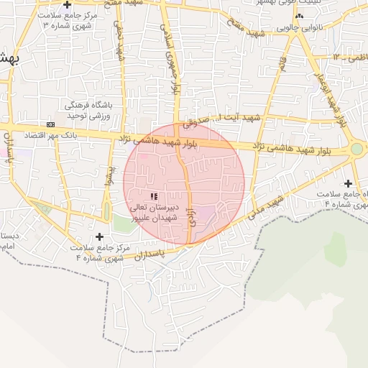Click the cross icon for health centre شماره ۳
click(x=67, y=5)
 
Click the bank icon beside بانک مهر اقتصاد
click(x=50, y=124)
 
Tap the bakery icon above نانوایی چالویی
click(x=300, y=16)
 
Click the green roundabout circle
click(x=356, y=149)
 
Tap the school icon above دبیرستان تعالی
click(x=152, y=195)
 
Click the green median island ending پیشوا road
click(x=107, y=212)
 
